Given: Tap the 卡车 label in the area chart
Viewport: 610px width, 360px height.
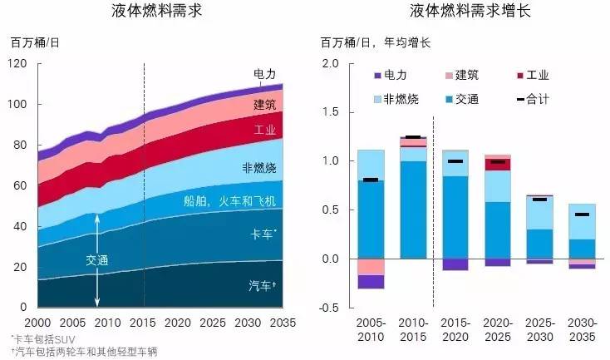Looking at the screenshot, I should coord(263,236).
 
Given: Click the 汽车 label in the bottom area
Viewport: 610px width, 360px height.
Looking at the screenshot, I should coord(263,286).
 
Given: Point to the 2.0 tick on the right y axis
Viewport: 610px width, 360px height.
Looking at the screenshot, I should coord(332,63).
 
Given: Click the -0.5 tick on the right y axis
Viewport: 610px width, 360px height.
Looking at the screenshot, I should coord(329,308).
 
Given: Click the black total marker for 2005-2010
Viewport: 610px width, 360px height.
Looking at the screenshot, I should coord(370,180).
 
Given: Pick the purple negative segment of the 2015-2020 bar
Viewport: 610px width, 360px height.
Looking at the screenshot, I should coord(455,264).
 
